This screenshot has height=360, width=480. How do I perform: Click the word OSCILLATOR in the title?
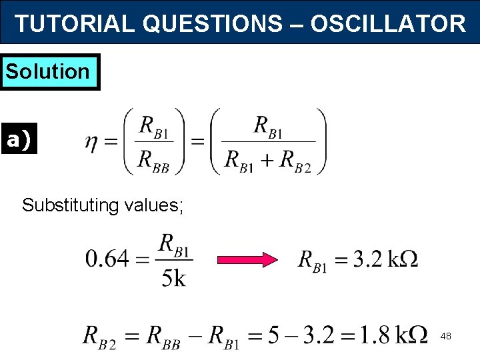(x=388, y=24)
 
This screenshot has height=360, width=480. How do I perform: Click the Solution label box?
(x=48, y=71)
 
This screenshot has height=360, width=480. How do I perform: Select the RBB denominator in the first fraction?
(x=155, y=160)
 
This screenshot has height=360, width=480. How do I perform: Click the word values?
(x=155, y=205)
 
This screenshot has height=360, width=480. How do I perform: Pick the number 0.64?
(x=107, y=259)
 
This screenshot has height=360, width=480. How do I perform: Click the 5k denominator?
(x=174, y=277)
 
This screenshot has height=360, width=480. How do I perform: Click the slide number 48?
(x=445, y=337)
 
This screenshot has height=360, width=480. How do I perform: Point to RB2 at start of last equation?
(x=100, y=335)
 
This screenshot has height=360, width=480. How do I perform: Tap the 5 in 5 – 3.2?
(x=273, y=334)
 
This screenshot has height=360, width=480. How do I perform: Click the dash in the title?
(x=298, y=24)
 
